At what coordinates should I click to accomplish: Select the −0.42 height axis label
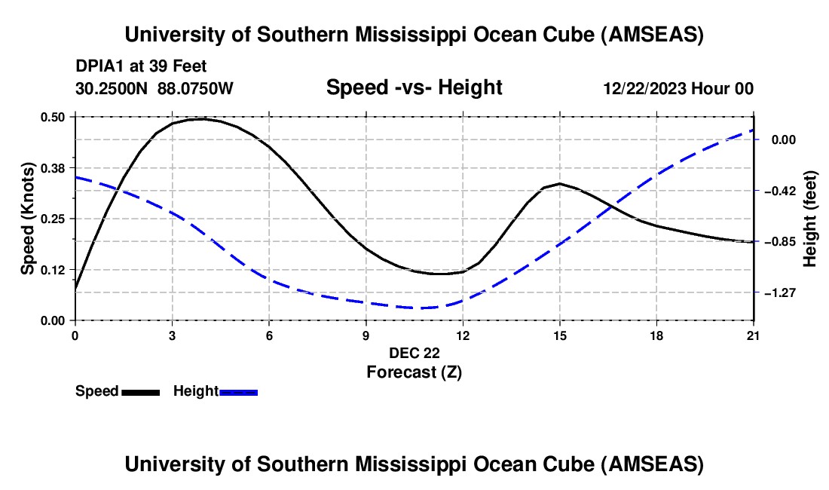tap(785, 191)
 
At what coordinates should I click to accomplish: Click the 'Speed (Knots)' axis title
tap(28, 218)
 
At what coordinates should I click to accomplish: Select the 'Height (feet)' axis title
tap(810, 219)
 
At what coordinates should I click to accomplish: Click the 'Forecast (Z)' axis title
tap(414, 372)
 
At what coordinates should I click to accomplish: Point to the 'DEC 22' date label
tap(414, 353)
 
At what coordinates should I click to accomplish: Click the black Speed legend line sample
tap(140, 392)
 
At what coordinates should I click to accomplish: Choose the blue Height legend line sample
tap(239, 392)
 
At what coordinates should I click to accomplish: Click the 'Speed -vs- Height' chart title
tap(414, 87)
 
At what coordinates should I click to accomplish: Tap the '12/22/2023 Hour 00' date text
tap(678, 89)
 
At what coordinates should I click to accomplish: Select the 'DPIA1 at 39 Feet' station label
tap(141, 66)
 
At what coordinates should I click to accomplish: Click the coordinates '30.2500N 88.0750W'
tap(154, 89)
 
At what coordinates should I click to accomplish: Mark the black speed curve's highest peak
tap(199, 119)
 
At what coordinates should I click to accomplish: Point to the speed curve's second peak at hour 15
tap(559, 183)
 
